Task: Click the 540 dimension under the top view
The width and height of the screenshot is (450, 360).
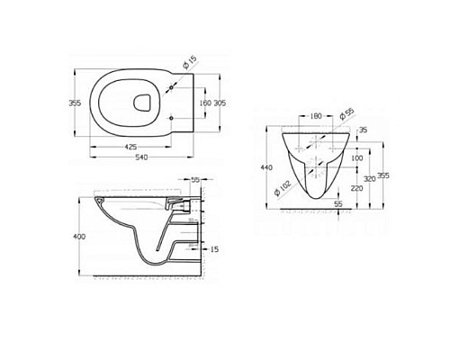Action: pos(140,158)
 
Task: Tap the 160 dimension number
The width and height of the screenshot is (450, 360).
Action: pos(206,104)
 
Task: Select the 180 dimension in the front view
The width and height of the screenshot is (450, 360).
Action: pos(315,116)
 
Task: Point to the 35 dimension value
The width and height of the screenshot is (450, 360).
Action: pos(364,130)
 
